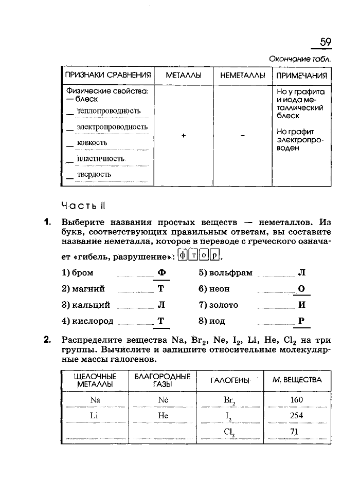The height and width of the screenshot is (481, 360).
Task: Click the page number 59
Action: click(x=325, y=42)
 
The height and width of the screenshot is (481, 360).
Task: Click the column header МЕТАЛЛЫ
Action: click(x=184, y=76)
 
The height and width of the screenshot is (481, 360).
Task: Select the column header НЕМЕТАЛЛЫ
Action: click(x=242, y=76)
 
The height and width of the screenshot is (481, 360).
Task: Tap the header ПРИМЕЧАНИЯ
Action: click(x=302, y=76)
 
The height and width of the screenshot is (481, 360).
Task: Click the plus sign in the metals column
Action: click(x=184, y=135)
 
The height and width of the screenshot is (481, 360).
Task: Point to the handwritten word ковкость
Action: click(x=92, y=142)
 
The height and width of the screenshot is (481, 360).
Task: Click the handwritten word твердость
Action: click(x=94, y=174)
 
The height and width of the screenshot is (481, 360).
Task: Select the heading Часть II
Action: click(x=83, y=206)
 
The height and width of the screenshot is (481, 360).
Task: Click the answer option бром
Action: click(x=78, y=273)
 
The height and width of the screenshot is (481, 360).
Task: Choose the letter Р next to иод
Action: click(x=301, y=321)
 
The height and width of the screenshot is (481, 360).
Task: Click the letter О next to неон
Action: click(x=301, y=289)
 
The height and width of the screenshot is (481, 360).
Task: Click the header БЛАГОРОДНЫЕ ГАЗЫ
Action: click(x=162, y=380)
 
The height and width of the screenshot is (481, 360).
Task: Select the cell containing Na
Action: click(x=95, y=400)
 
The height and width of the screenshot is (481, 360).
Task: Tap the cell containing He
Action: click(x=163, y=416)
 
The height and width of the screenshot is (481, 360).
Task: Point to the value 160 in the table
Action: click(x=296, y=400)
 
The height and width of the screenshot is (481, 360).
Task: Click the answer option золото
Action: click(x=223, y=305)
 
